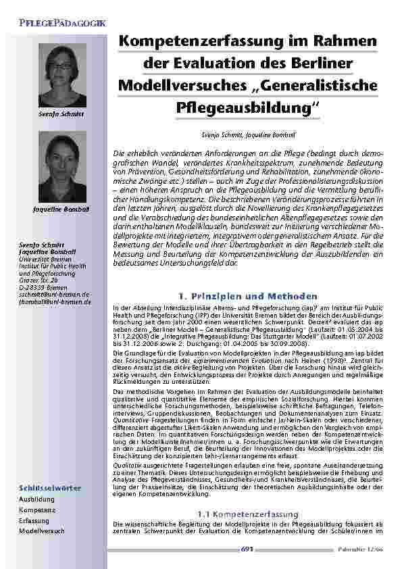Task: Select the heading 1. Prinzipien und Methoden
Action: tap(248, 296)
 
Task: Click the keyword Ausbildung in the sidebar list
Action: tap(37, 499)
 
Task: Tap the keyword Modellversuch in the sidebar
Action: tap(42, 531)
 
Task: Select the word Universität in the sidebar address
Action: tap(35, 257)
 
